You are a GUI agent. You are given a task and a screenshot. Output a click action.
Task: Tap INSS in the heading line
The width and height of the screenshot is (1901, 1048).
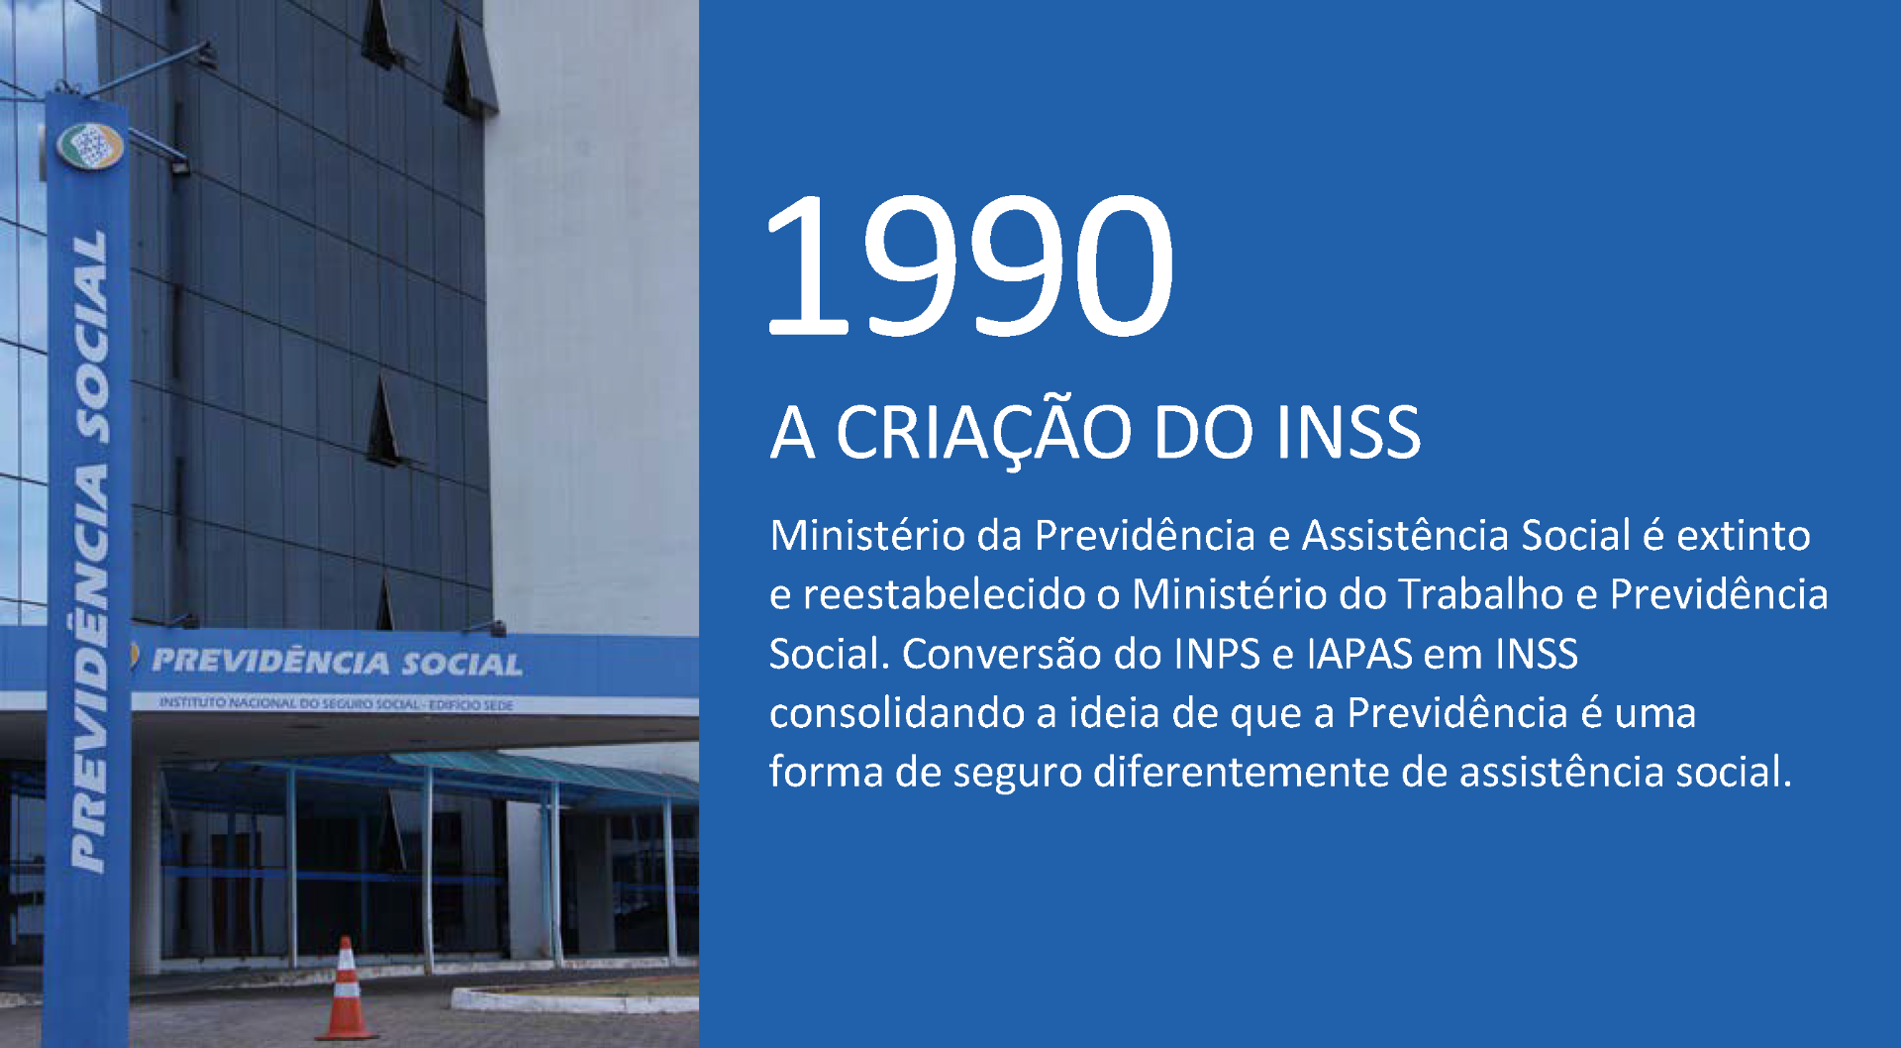1348,433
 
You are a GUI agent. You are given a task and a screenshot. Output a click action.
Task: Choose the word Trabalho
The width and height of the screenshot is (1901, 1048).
1480,595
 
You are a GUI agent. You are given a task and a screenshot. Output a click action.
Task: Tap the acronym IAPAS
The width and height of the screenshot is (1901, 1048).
1358,655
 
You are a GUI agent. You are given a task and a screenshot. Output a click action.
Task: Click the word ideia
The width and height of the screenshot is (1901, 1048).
1113,714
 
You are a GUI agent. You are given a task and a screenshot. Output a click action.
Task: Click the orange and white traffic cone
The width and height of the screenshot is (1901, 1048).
346,991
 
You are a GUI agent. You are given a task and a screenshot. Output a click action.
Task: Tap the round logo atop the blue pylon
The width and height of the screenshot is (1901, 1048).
89,147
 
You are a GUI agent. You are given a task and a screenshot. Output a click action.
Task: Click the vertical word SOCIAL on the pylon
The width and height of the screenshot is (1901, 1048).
91,337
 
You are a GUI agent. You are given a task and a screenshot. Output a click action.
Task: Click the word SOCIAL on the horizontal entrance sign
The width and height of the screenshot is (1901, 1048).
461,664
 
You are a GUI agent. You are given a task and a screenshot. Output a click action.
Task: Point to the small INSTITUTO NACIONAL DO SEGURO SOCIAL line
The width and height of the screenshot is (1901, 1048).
337,703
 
